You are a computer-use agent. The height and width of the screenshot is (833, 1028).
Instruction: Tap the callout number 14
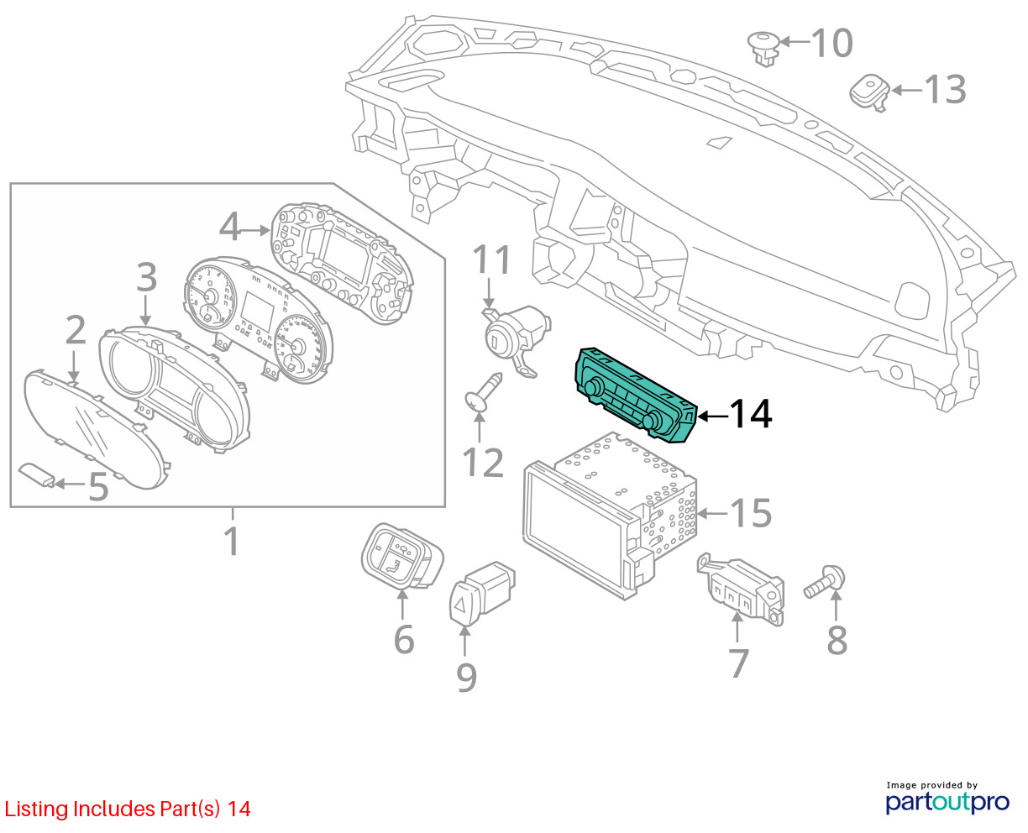[x=749, y=415]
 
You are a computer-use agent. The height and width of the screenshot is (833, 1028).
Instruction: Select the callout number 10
[x=831, y=43]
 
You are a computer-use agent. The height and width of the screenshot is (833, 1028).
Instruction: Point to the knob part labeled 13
[x=868, y=91]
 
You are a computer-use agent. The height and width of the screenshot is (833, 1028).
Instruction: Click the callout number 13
[x=946, y=90]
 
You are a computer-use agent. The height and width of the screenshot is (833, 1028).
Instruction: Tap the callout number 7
[x=738, y=663]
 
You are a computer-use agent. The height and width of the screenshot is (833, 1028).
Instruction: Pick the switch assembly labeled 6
[x=401, y=556]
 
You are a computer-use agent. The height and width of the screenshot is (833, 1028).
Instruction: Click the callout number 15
[x=751, y=513]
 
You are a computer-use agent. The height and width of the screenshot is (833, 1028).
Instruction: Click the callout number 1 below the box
[x=233, y=542]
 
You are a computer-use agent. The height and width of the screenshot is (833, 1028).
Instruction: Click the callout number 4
[x=230, y=226]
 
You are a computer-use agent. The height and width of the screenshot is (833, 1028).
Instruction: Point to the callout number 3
[x=146, y=278]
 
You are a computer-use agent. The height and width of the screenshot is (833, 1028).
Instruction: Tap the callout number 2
[x=76, y=332]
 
